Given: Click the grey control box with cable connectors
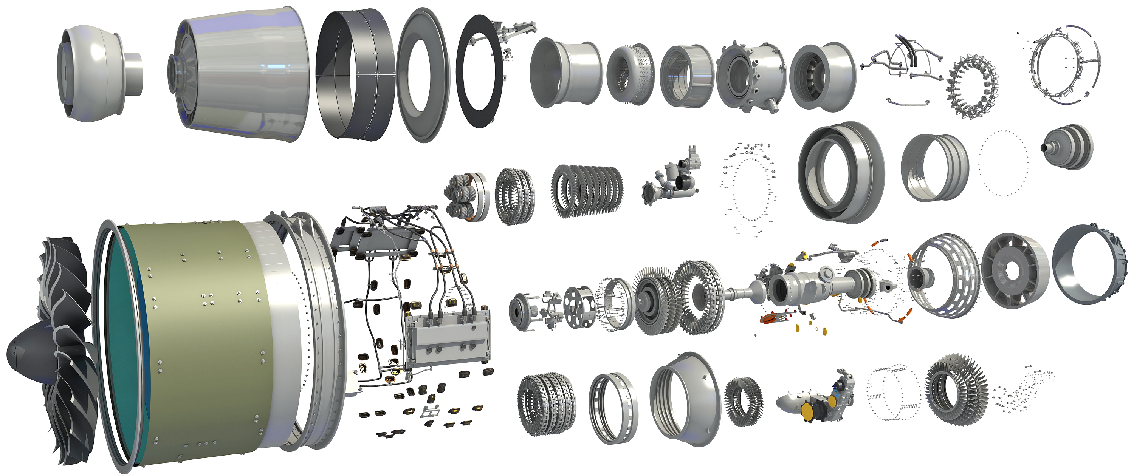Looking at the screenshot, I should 447,339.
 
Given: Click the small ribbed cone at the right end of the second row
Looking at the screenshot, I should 1067,147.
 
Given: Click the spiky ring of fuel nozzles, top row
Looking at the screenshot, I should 973,86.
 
